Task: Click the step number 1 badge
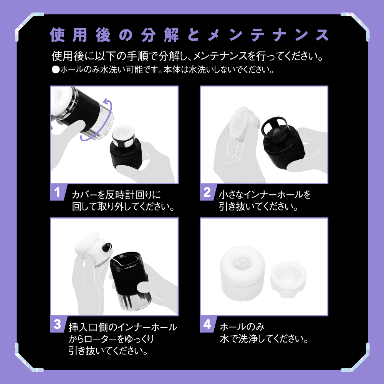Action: pos(58,192)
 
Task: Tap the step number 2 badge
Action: pos(207,192)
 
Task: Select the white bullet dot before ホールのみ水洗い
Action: pos(56,70)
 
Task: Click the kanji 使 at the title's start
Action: pos(57,35)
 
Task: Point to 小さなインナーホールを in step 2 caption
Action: pos(265,195)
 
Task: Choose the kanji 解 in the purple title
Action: pos(171,35)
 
